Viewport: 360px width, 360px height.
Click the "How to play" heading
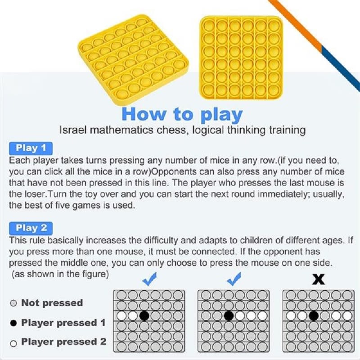point(182,114)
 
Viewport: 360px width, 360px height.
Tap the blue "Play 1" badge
point(31,148)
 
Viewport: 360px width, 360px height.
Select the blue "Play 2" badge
point(31,228)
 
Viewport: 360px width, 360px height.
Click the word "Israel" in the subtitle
point(73,130)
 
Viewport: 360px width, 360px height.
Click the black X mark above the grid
point(319,279)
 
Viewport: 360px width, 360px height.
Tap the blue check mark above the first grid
point(149,279)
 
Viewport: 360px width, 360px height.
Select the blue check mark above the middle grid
point(234,279)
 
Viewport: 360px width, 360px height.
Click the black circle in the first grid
point(144,316)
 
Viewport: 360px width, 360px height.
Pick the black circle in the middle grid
point(229,316)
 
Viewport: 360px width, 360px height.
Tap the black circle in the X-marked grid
point(314,316)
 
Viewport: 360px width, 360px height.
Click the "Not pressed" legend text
point(52,303)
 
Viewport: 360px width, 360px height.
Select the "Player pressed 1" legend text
point(63,323)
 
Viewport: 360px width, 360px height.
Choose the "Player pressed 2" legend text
point(63,342)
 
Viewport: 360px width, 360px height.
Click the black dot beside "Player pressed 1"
point(13,323)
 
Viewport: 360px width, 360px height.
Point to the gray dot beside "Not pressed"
point(13,303)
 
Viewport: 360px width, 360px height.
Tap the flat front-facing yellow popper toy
point(241,58)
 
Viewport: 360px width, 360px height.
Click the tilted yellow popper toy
point(133,59)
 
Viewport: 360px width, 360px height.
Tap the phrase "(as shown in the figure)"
point(60,274)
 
